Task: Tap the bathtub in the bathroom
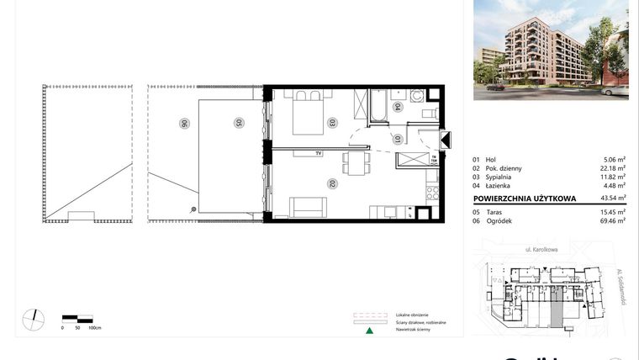pyautogui.click(x=378, y=105)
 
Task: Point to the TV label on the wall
pyautogui.click(x=319, y=154)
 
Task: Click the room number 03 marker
pyautogui.click(x=333, y=121)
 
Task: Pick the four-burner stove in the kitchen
pyautogui.click(x=433, y=193)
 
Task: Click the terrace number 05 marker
pyautogui.click(x=239, y=123)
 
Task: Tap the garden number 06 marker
pyautogui.click(x=182, y=123)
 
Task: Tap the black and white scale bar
pyautogui.click(x=77, y=318)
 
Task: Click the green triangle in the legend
pyautogui.click(x=367, y=331)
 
